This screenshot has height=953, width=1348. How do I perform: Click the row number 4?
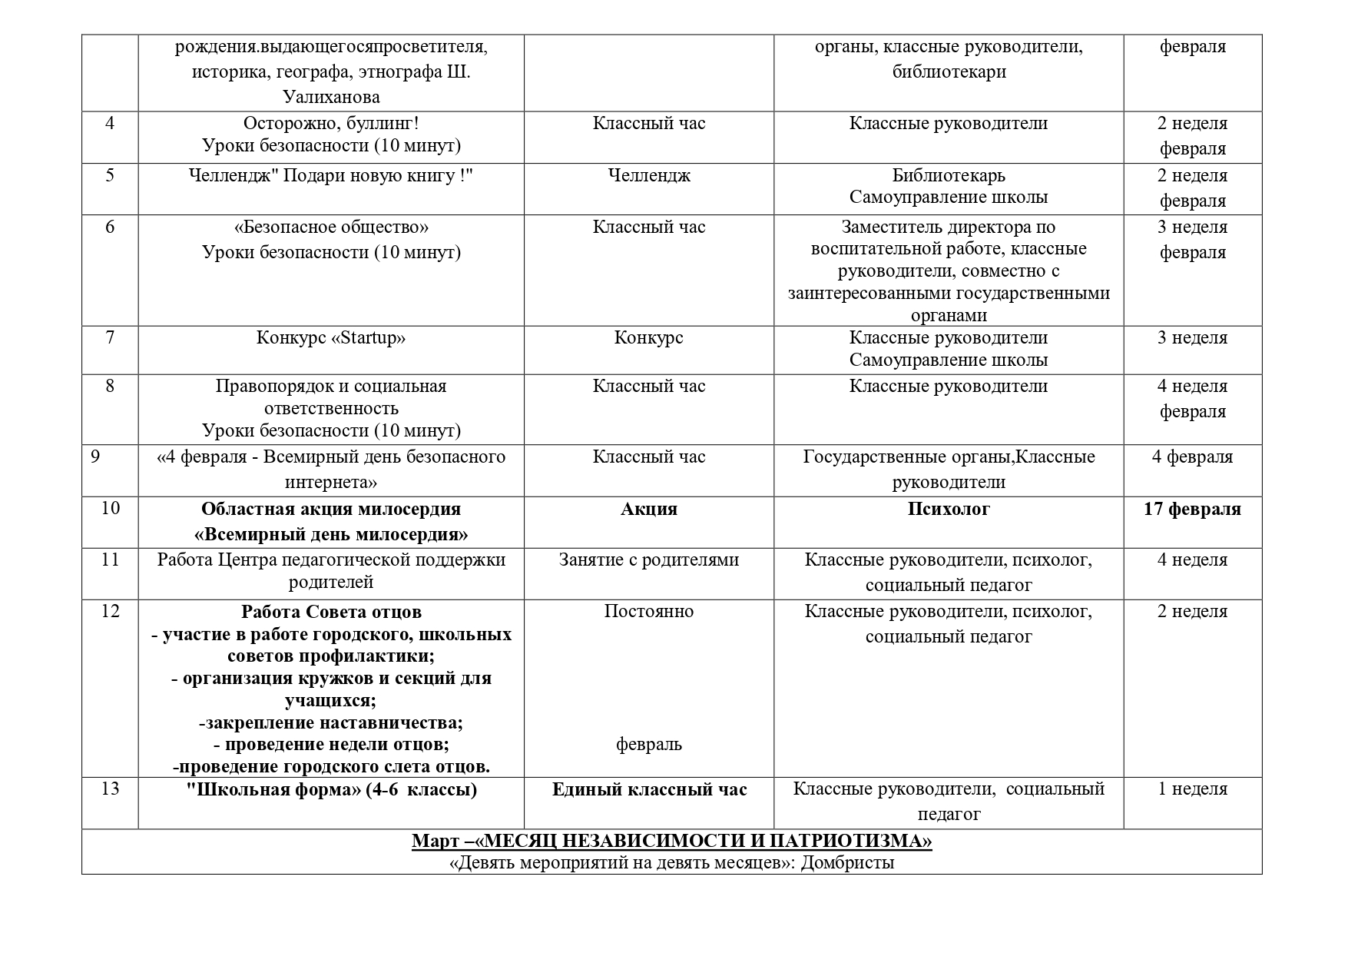110,123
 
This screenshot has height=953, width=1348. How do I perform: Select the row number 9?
95,457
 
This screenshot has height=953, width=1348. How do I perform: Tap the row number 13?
110,789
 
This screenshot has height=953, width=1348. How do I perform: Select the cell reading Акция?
649,509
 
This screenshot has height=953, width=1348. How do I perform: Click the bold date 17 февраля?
1192,509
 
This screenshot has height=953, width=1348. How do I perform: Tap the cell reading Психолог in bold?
949,509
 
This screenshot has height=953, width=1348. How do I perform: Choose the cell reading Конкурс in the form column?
649,338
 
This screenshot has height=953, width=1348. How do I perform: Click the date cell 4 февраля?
1192,457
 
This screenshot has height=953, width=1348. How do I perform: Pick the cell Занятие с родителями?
649,560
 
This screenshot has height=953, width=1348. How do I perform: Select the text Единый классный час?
649,789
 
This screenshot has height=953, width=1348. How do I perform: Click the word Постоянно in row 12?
649,611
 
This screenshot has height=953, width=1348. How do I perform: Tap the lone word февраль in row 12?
649,744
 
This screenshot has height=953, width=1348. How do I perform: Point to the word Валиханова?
331,97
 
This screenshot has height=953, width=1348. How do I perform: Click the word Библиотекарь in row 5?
949,175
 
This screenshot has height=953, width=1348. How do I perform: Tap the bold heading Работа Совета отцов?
331,612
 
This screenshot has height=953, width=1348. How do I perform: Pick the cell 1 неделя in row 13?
1192,789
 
